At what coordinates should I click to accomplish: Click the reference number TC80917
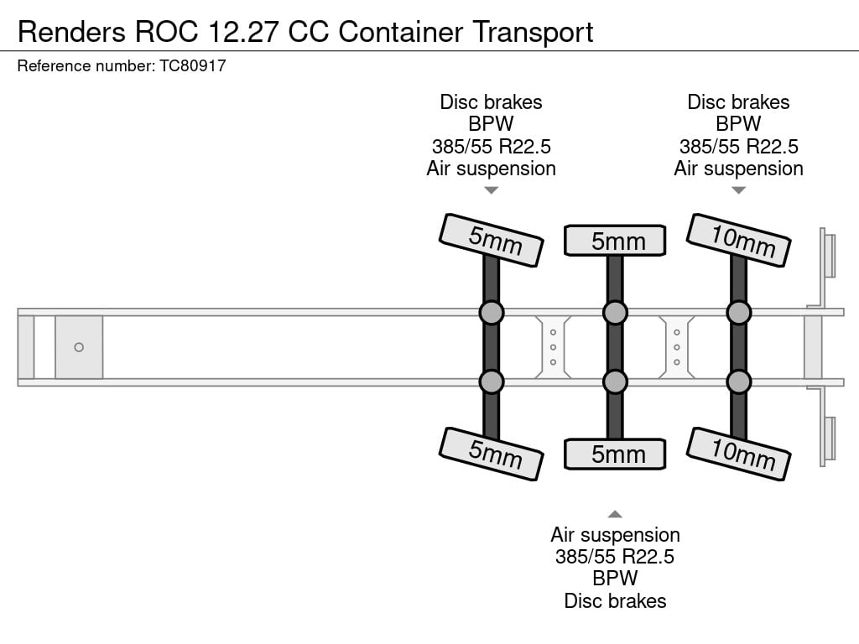[x=193, y=65]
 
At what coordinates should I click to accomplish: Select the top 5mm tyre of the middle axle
[x=615, y=241]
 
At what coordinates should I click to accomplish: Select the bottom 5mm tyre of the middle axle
[x=615, y=454]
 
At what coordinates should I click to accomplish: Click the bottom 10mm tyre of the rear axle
[x=739, y=454]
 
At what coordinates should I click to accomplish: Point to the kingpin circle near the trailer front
[x=79, y=347]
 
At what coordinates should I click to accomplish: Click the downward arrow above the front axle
[x=492, y=190]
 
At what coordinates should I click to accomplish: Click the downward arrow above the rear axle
[x=738, y=190]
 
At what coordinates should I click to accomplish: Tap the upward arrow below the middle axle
[x=615, y=514]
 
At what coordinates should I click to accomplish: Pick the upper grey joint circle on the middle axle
[x=615, y=313]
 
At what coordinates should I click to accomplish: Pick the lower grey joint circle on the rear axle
[x=738, y=382]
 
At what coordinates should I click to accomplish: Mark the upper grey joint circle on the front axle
[x=492, y=313]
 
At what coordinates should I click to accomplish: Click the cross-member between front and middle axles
[x=554, y=347]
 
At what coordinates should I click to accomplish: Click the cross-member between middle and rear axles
[x=677, y=347]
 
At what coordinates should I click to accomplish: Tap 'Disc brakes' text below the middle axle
[x=615, y=600]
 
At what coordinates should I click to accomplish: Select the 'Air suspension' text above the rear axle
[x=738, y=168]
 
